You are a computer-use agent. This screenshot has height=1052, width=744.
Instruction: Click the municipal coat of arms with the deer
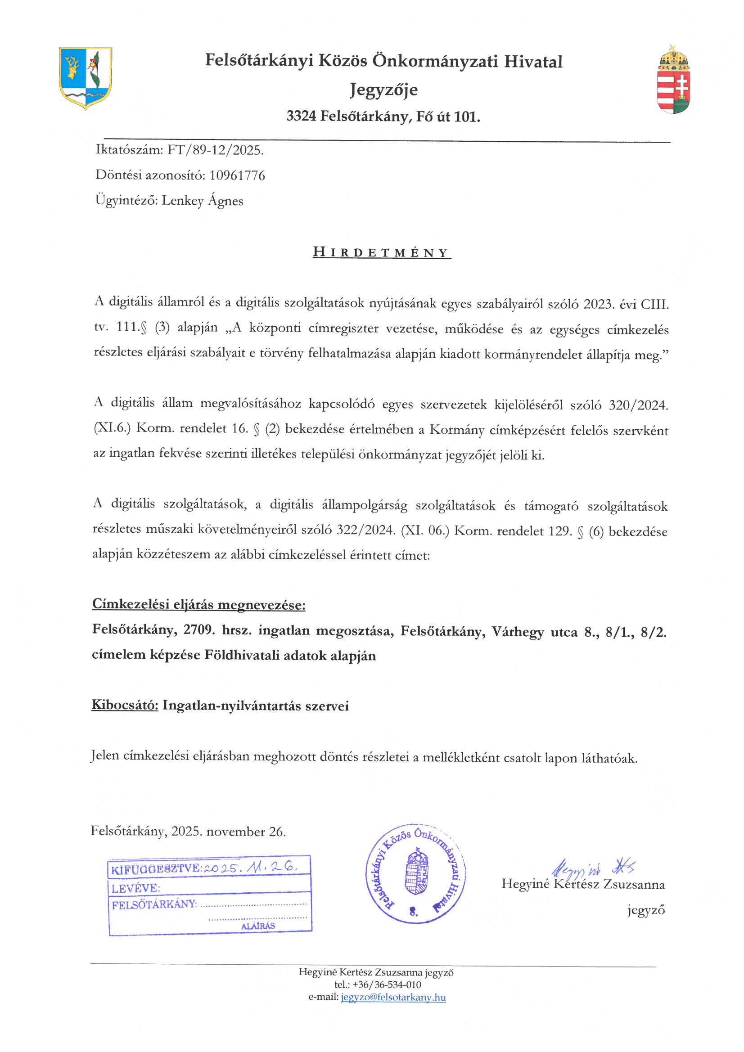(85, 77)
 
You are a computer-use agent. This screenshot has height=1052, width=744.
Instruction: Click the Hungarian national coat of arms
(673, 80)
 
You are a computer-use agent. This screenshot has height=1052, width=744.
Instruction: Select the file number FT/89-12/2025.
(215, 150)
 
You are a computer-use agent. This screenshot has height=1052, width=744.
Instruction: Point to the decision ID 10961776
(237, 175)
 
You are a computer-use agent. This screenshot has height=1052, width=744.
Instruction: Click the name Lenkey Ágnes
(202, 201)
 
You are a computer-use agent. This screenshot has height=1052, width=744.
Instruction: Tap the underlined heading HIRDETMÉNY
(381, 252)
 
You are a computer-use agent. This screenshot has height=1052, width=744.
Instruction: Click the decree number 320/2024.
(638, 405)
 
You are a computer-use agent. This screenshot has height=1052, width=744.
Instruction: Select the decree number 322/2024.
(365, 530)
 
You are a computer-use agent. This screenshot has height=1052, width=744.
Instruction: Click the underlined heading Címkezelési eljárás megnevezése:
(198, 605)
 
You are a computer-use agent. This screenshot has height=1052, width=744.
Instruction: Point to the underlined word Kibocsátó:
(125, 705)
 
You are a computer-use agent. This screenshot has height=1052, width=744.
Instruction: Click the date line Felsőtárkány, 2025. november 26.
(188, 831)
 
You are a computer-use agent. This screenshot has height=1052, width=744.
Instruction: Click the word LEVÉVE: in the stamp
(135, 888)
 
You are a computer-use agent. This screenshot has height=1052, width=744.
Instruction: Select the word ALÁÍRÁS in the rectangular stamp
(258, 926)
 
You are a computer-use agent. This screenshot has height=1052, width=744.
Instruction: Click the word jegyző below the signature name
(646, 910)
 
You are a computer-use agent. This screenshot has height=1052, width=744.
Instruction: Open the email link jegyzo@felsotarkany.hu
(393, 997)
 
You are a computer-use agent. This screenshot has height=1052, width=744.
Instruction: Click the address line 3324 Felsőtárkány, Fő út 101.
(383, 117)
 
